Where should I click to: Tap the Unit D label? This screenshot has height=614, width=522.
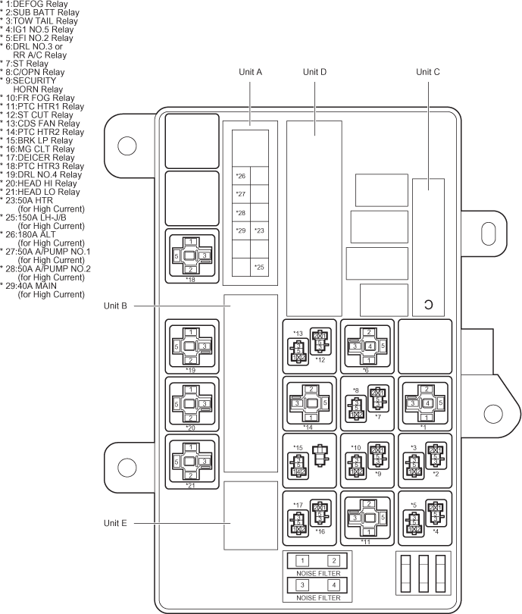tap(314, 73)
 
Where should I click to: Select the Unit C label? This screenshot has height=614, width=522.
tap(428, 73)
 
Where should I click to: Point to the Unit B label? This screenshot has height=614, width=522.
tap(117, 305)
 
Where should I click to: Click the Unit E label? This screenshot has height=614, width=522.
tap(117, 522)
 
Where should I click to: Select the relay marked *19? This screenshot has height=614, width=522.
tap(192, 346)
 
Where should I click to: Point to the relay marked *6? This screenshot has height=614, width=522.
tap(367, 346)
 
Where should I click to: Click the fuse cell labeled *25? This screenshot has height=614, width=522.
tap(259, 267)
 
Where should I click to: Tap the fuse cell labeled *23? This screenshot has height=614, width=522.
tap(259, 230)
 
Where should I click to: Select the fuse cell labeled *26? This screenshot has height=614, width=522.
tap(241, 177)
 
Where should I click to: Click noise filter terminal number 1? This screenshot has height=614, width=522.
tap(302, 560)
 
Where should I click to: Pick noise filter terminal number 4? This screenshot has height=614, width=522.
tap(333, 586)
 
